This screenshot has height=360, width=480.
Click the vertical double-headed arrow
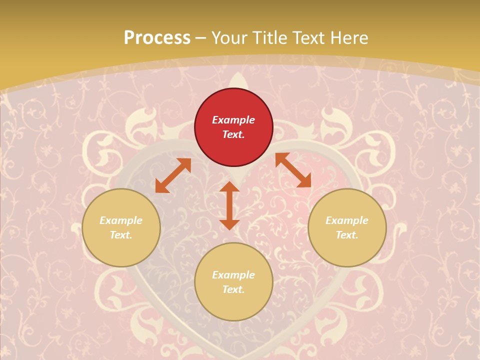click(x=229, y=205)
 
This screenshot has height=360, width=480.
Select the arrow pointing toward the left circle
click(x=173, y=175)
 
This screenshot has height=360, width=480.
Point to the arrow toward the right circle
click(x=293, y=170)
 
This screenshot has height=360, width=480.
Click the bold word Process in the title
click(x=157, y=37)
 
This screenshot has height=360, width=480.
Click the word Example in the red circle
click(x=233, y=120)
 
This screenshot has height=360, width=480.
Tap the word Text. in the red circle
click(x=233, y=134)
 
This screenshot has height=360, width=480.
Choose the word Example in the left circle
click(x=121, y=220)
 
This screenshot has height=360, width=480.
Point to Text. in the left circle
click(x=121, y=235)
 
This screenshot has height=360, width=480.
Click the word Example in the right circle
click(x=347, y=220)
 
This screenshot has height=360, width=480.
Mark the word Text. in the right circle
click(x=347, y=235)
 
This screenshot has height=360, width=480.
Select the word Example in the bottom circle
click(x=233, y=275)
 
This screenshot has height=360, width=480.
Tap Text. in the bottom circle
click(x=233, y=289)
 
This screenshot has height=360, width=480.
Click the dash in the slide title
click(x=201, y=38)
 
